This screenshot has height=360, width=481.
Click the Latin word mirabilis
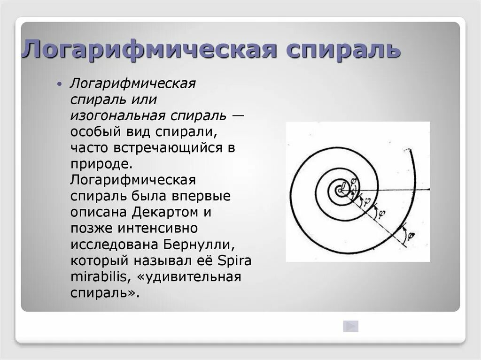pos(100,276)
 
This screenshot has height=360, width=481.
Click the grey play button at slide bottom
pos(350,326)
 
